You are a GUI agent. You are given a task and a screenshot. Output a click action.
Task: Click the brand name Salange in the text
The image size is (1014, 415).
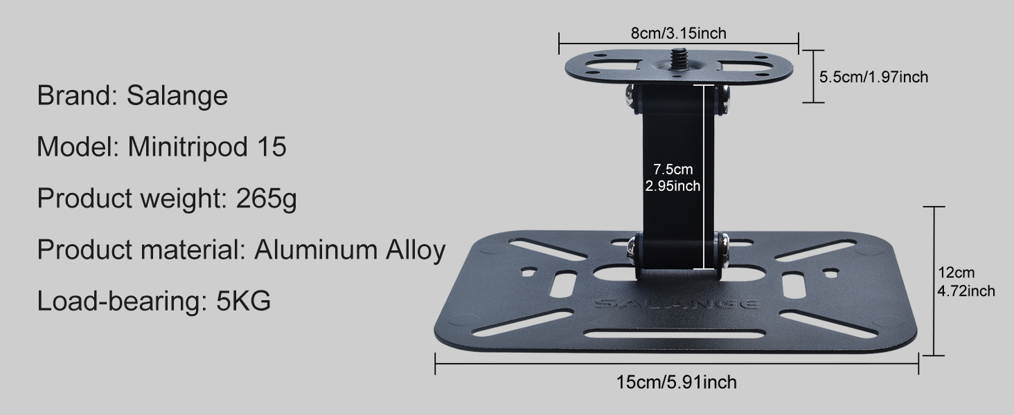177,95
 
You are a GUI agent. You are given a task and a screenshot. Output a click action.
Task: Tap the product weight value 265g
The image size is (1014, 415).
266,199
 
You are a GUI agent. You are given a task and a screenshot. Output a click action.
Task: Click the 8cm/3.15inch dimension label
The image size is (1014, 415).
678,33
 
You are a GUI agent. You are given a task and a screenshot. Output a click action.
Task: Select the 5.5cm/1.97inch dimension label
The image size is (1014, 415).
873,77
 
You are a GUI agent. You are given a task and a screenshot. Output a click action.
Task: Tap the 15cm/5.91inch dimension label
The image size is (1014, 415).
677,382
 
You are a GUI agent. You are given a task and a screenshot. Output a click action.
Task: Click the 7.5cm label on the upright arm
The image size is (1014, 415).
673,169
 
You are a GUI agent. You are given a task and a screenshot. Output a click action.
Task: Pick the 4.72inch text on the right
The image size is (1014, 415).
966,290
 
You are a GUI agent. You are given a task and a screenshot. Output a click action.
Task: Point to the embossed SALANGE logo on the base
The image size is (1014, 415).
676,304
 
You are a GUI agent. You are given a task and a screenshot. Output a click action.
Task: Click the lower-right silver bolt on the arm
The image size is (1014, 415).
722,250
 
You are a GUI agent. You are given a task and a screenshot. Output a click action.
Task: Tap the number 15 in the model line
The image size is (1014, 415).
272,147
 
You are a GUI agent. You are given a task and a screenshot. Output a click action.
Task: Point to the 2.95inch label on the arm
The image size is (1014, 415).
673,185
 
